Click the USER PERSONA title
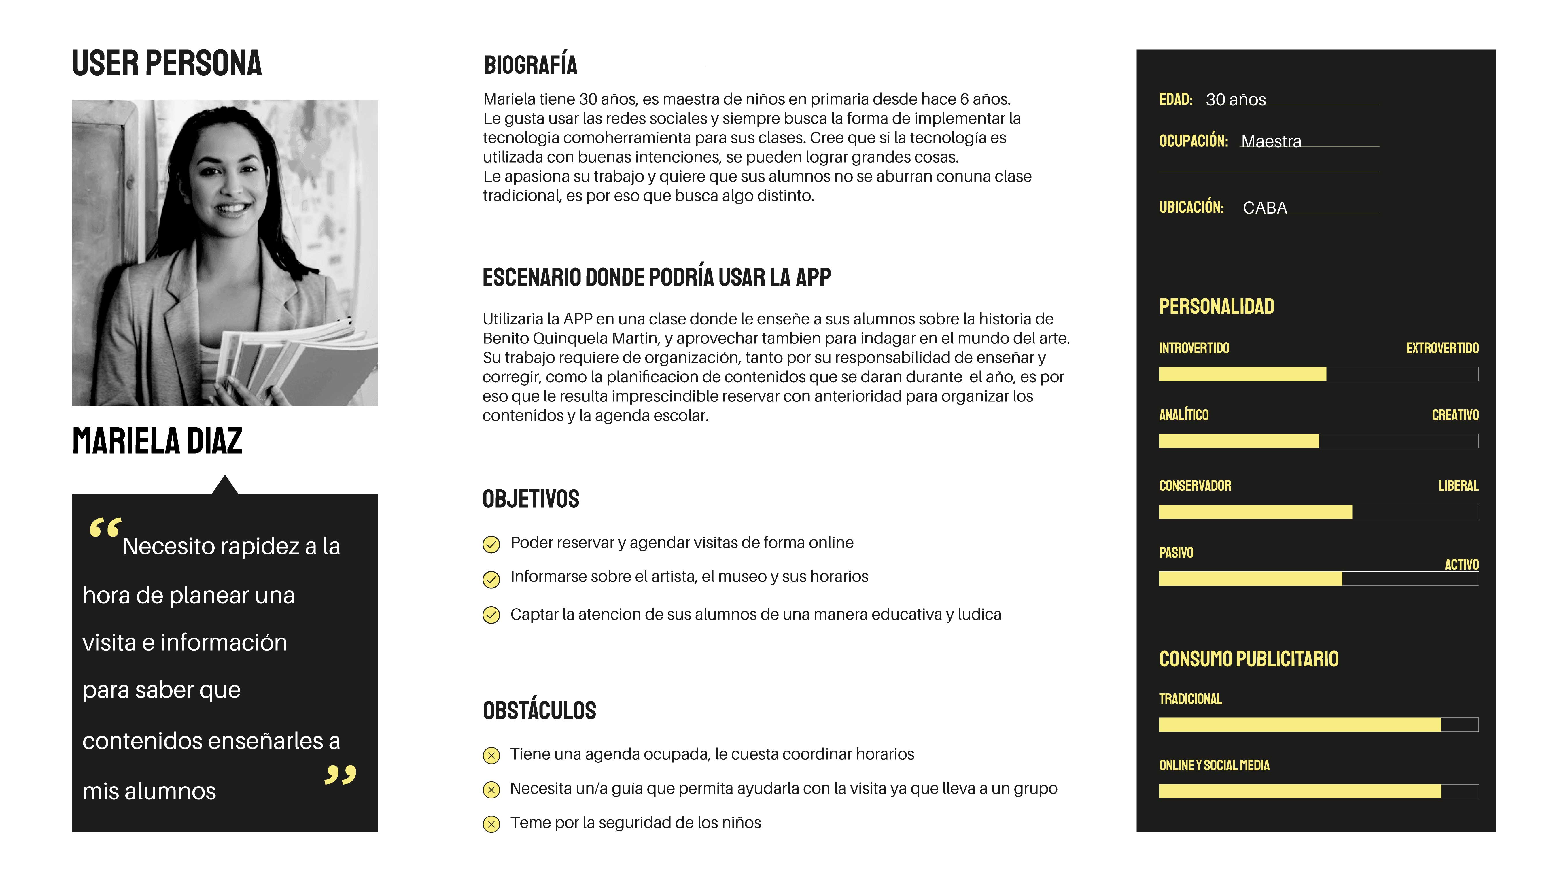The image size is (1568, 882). pos(167,63)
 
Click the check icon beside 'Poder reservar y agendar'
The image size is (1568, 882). pos(491,543)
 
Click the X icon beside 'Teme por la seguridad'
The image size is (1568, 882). pos(491,824)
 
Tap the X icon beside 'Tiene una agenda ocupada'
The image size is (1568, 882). pos(491,756)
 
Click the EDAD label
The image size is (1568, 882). pos(1175,99)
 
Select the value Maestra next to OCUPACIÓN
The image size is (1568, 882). pos(1271,141)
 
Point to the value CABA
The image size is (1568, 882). pos(1265,207)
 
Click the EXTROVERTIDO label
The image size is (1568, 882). pos(1442,348)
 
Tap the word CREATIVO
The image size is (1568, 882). pos(1455,415)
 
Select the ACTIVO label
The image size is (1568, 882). pos(1461,564)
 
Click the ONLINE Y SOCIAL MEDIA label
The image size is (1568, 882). pos(1214,765)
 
